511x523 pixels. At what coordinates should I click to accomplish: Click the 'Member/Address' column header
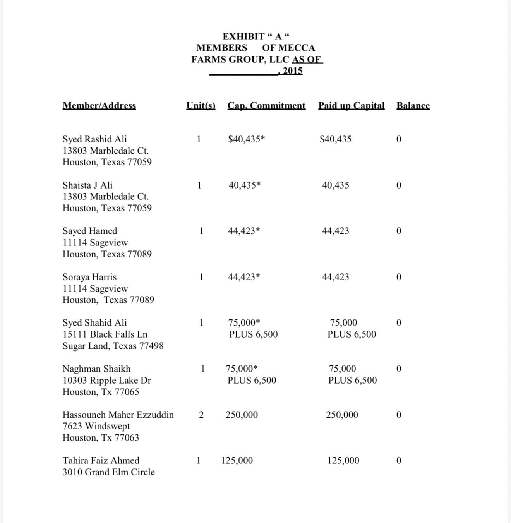pyautogui.click(x=99, y=106)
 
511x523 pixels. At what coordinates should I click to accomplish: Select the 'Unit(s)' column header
pyautogui.click(x=201, y=106)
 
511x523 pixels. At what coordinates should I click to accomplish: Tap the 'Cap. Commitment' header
pyautogui.click(x=266, y=106)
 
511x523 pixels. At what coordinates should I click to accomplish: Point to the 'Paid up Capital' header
pyautogui.click(x=351, y=106)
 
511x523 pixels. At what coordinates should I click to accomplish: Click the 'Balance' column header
pyautogui.click(x=413, y=106)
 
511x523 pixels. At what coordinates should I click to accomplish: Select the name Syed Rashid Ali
pyautogui.click(x=94, y=139)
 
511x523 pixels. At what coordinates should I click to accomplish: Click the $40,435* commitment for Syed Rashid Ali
pyautogui.click(x=246, y=139)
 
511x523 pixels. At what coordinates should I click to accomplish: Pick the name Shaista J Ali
pyautogui.click(x=87, y=185)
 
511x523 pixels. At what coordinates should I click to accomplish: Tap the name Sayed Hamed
pyautogui.click(x=90, y=231)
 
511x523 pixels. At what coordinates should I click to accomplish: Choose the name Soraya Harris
pyautogui.click(x=89, y=277)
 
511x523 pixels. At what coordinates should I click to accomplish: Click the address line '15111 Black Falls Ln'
pyautogui.click(x=105, y=334)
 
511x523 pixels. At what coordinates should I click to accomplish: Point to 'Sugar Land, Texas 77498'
pyautogui.click(x=113, y=346)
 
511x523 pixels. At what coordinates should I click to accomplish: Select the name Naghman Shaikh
pyautogui.click(x=96, y=369)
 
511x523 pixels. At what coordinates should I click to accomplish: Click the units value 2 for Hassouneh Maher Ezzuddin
pyautogui.click(x=201, y=415)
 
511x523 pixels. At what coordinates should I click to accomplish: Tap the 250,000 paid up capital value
pyautogui.click(x=342, y=415)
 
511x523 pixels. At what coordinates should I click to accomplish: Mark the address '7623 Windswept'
pyautogui.click(x=96, y=426)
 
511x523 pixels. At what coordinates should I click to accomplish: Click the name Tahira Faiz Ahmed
pyautogui.click(x=101, y=461)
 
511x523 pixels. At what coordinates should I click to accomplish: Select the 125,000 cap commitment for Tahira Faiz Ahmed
pyautogui.click(x=237, y=461)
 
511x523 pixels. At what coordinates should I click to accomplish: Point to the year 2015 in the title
pyautogui.click(x=293, y=71)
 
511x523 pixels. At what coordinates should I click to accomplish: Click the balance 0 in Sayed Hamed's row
pyautogui.click(x=399, y=231)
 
